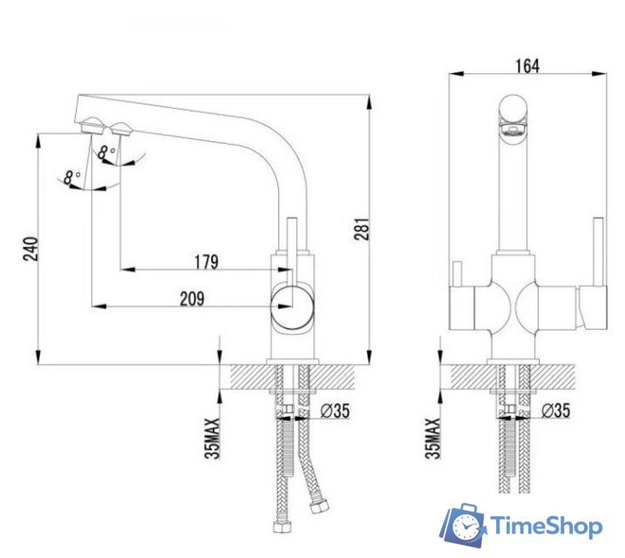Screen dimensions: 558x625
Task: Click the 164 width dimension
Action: tap(526, 65)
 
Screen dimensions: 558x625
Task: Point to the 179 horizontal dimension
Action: tap(207, 262)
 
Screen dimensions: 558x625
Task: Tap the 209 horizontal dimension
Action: tap(193, 299)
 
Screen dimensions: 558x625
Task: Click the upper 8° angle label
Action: tap(107, 153)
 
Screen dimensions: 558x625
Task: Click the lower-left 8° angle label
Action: tap(71, 177)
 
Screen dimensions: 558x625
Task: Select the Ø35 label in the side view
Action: tap(335, 411)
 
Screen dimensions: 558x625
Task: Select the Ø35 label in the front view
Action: tap(556, 411)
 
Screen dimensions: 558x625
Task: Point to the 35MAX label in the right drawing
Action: tap(431, 437)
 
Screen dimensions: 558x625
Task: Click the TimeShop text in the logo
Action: tap(545, 526)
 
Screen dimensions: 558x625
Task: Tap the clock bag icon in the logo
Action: tap(462, 525)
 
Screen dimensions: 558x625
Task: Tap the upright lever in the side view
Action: tap(292, 235)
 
